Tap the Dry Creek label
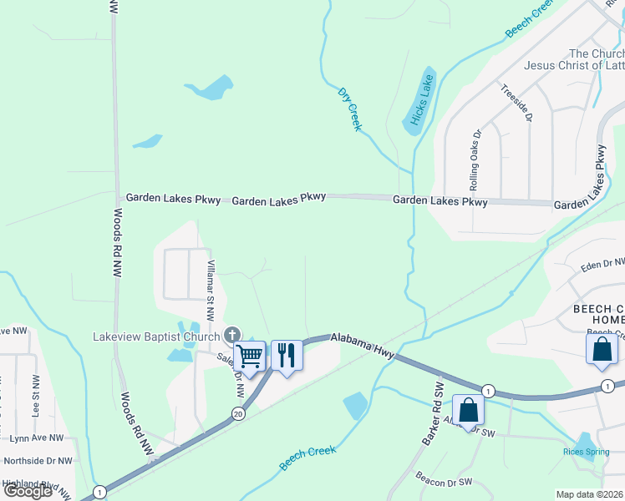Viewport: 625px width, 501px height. (x=349, y=109)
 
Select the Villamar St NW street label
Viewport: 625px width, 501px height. (x=211, y=289)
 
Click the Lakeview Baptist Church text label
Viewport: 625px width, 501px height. (x=155, y=337)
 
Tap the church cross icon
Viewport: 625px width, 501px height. (x=232, y=336)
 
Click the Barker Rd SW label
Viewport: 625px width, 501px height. (x=432, y=413)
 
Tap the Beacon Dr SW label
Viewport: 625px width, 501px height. (x=444, y=483)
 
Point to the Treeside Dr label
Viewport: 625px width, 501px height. (x=516, y=103)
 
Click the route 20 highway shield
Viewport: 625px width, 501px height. (x=238, y=413)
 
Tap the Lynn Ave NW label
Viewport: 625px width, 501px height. (x=37, y=438)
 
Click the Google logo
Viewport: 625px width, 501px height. (x=28, y=490)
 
